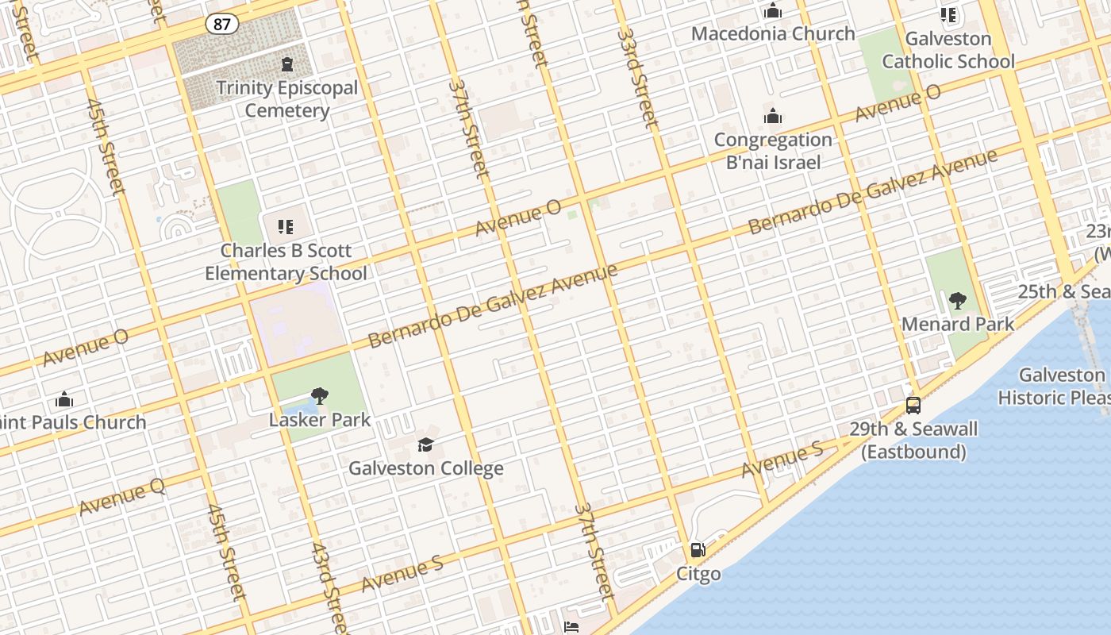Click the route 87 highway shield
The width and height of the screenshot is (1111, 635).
point(222,24)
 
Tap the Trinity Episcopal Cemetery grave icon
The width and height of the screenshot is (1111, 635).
point(286,63)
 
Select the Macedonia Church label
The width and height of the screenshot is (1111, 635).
point(773,33)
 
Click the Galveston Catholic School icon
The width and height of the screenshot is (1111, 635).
point(948,15)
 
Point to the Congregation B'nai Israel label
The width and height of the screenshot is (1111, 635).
point(773,151)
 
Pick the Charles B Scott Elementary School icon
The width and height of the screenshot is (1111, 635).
point(286,227)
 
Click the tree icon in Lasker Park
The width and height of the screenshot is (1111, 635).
point(320,395)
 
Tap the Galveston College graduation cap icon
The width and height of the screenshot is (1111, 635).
point(426,444)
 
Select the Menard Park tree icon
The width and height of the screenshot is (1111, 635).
point(958,301)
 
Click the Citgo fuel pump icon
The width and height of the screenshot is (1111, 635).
point(698,549)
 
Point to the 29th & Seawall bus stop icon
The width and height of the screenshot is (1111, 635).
point(913,406)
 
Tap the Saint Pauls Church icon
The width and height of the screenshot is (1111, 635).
point(64,399)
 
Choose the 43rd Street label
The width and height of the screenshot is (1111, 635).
point(329,587)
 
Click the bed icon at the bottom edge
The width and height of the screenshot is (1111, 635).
point(571,627)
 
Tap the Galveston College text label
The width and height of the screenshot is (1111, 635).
point(426,468)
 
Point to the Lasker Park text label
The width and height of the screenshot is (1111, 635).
point(320,419)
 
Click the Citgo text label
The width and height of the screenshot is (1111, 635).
point(698,573)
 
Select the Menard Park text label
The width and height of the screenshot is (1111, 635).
point(958,324)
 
